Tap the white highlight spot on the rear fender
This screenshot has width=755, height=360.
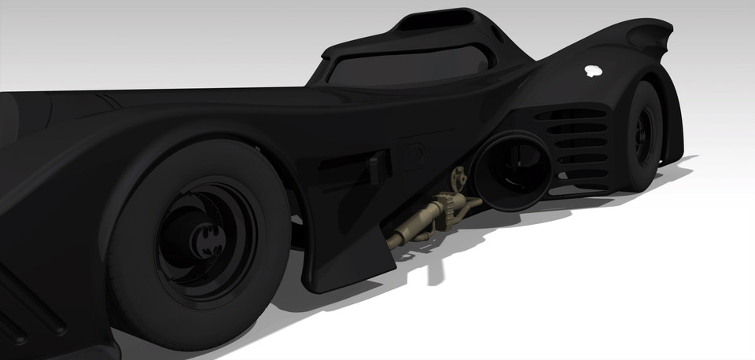(591, 72)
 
